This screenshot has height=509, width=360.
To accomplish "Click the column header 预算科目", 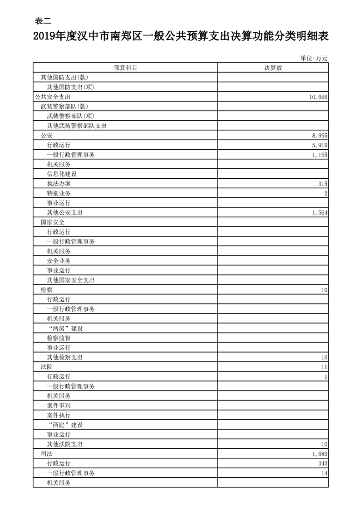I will [125, 68].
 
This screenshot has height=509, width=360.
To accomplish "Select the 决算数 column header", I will [273, 68].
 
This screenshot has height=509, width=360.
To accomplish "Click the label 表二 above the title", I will [43, 20].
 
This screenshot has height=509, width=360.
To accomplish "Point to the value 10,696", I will [316, 97].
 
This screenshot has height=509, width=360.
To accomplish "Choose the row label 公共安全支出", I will [52, 97].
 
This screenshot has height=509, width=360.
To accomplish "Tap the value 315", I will [322, 184].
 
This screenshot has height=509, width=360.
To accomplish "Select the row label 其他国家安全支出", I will [71, 280].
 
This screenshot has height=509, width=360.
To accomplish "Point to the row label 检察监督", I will [59, 338].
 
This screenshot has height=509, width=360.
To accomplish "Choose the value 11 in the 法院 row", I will [324, 367].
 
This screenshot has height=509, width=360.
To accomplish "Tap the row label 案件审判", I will [59, 406].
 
